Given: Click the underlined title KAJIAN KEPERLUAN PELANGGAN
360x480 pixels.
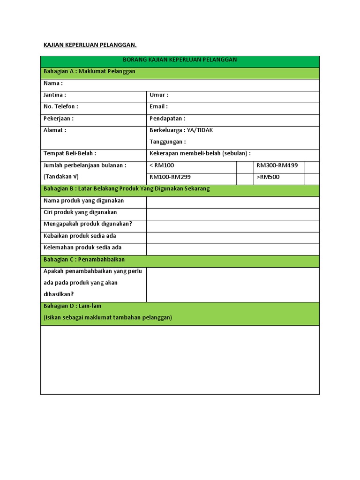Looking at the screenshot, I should pos(90,45).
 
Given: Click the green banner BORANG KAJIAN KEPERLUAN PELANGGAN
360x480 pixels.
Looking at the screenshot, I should pos(180,60).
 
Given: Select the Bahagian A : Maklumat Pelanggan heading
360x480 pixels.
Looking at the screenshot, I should pos(89,72).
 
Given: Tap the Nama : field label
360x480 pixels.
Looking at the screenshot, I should pos(53,83).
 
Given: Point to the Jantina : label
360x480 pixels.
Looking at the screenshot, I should pos(55,95).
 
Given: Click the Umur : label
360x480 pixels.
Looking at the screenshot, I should pos(158,95).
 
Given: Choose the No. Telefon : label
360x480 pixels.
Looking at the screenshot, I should pos(61,107).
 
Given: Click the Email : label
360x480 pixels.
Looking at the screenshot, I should pos(158,107).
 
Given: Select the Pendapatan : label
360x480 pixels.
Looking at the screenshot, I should pos(167,119).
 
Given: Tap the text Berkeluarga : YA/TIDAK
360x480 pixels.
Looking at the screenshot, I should pos(181,130).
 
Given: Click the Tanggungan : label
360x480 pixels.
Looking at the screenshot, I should pos(167,142).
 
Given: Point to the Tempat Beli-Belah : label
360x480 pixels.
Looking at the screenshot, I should pos(70,154).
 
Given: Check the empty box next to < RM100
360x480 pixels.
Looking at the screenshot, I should pos(245,167).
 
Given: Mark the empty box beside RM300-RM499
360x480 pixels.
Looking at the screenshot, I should pos(312,167).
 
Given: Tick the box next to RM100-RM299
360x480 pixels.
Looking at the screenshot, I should pos(245,179).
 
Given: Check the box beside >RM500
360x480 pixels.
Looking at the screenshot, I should pos(312,179).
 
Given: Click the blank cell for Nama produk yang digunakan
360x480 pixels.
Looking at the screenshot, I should pos(232,202).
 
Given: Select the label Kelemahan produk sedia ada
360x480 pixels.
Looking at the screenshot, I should pos(82,247).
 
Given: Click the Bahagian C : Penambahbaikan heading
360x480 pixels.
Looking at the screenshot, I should pos(84,259).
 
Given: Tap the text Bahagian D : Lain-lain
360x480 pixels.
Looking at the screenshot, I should pos(72,306).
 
